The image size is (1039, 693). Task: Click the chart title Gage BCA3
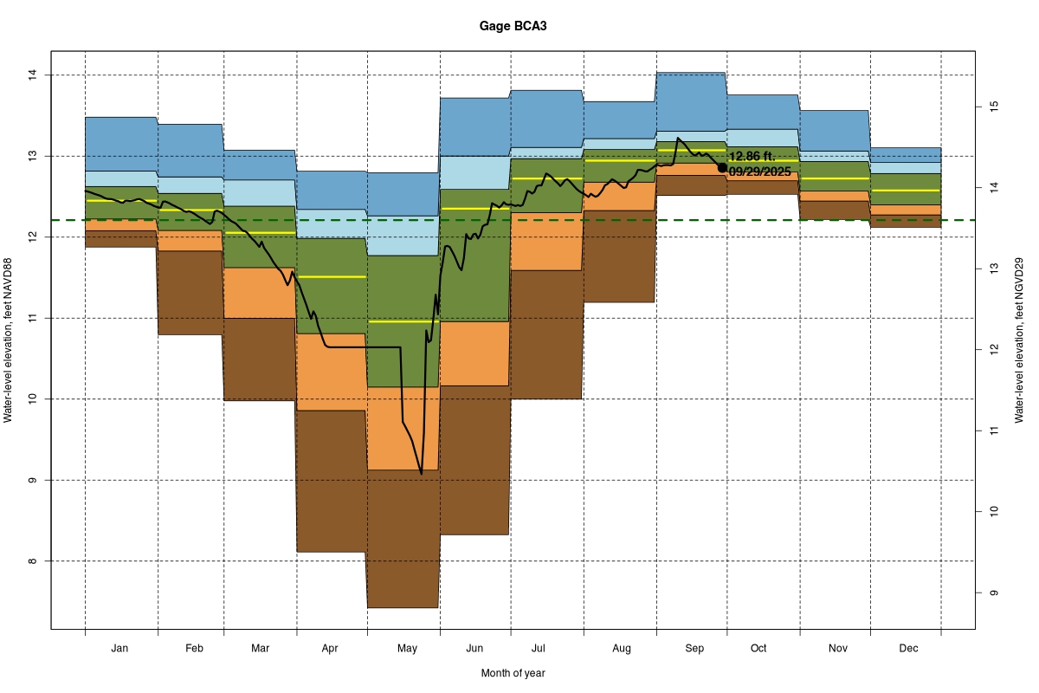tap(513, 27)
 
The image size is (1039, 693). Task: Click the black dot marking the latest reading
tap(722, 167)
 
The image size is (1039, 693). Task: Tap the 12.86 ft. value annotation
tap(752, 157)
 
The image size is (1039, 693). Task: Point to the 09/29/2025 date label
tap(759, 172)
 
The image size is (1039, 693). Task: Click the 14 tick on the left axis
tap(35, 75)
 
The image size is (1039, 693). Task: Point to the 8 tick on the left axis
tap(35, 561)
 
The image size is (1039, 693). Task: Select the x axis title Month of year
tap(513, 673)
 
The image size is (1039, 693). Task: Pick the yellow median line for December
tap(906, 190)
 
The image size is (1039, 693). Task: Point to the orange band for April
tap(332, 372)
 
